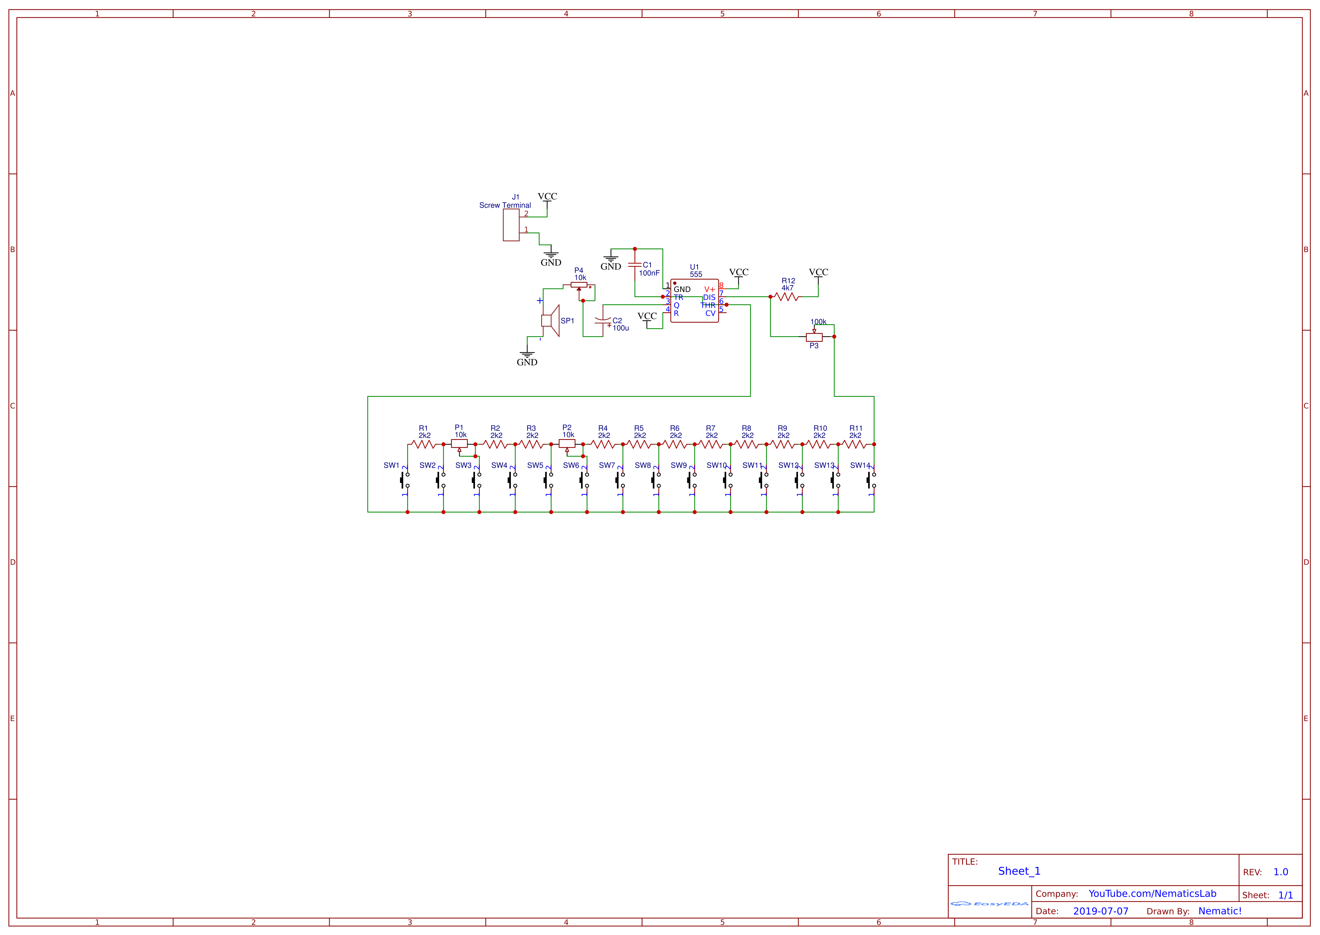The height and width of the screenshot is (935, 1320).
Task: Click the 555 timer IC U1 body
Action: pyautogui.click(x=694, y=301)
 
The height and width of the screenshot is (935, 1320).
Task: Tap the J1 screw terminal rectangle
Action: pyautogui.click(x=511, y=225)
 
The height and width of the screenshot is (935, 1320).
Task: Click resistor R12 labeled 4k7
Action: pyautogui.click(x=787, y=296)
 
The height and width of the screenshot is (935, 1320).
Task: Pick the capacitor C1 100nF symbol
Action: pyautogui.click(x=635, y=265)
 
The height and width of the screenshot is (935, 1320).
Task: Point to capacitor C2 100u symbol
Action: pyautogui.click(x=602, y=320)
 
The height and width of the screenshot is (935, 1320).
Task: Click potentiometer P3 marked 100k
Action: pyautogui.click(x=814, y=337)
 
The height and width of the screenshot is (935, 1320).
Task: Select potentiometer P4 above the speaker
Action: pyautogui.click(x=579, y=284)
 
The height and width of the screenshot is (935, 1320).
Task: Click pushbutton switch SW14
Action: pyautogui.click(x=871, y=480)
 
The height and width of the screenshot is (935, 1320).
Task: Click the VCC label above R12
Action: pyautogui.click(x=818, y=272)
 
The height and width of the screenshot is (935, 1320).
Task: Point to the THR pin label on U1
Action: pyautogui.click(x=708, y=305)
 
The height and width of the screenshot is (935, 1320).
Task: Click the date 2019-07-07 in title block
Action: pyautogui.click(x=1100, y=911)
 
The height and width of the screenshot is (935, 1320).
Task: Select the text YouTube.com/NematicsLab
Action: pyautogui.click(x=1152, y=894)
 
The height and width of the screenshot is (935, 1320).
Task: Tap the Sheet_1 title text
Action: pyautogui.click(x=1019, y=871)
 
